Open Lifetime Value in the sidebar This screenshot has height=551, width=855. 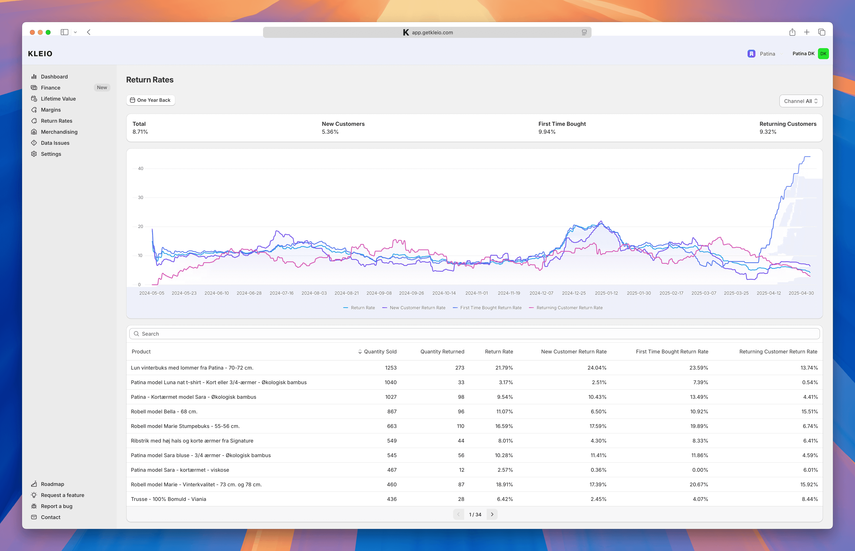click(58, 99)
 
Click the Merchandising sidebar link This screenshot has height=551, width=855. click(59, 132)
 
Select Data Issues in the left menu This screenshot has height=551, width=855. click(55, 143)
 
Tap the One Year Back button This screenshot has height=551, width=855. click(151, 100)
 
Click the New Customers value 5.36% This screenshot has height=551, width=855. click(330, 132)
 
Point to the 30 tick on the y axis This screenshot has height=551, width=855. click(141, 197)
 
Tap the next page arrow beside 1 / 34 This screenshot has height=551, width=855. click(492, 515)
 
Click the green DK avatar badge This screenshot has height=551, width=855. click(823, 54)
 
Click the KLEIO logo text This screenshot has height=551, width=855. click(40, 54)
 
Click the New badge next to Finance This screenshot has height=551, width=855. click(102, 88)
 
